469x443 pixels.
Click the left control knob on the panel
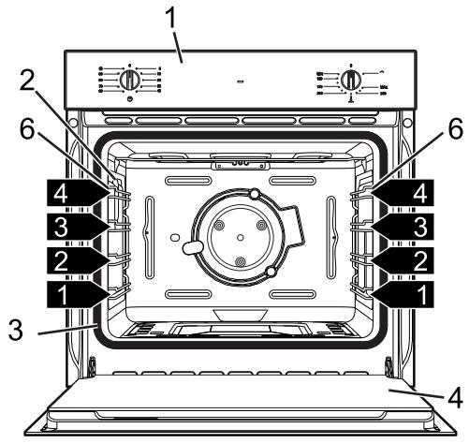click(x=131, y=81)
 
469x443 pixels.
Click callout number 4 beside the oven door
click(x=454, y=396)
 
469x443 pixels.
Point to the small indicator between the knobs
click(x=241, y=82)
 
